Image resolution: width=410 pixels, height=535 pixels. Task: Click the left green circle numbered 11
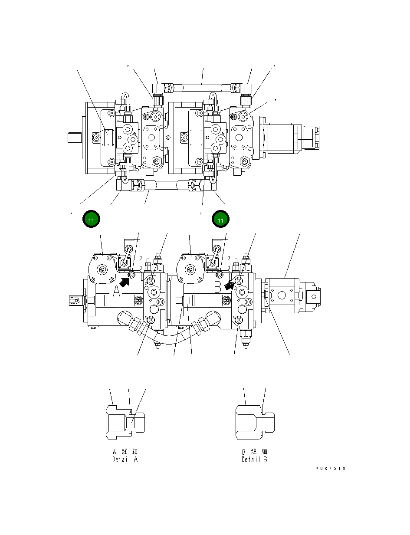click(91, 220)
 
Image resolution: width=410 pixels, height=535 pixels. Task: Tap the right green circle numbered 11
click(220, 220)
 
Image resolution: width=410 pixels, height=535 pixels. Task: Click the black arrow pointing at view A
click(125, 282)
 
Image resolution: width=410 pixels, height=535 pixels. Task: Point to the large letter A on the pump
click(117, 292)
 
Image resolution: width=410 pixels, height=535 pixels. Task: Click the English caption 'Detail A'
click(125, 460)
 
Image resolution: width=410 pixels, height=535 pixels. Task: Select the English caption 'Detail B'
click(254, 460)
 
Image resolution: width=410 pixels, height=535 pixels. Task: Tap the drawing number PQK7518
click(331, 469)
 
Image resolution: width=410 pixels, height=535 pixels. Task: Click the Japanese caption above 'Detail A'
click(125, 452)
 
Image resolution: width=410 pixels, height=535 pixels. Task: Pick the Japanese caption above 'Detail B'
click(254, 452)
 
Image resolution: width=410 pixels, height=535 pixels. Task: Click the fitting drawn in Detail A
click(125, 421)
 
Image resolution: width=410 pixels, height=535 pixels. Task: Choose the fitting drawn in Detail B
click(255, 421)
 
